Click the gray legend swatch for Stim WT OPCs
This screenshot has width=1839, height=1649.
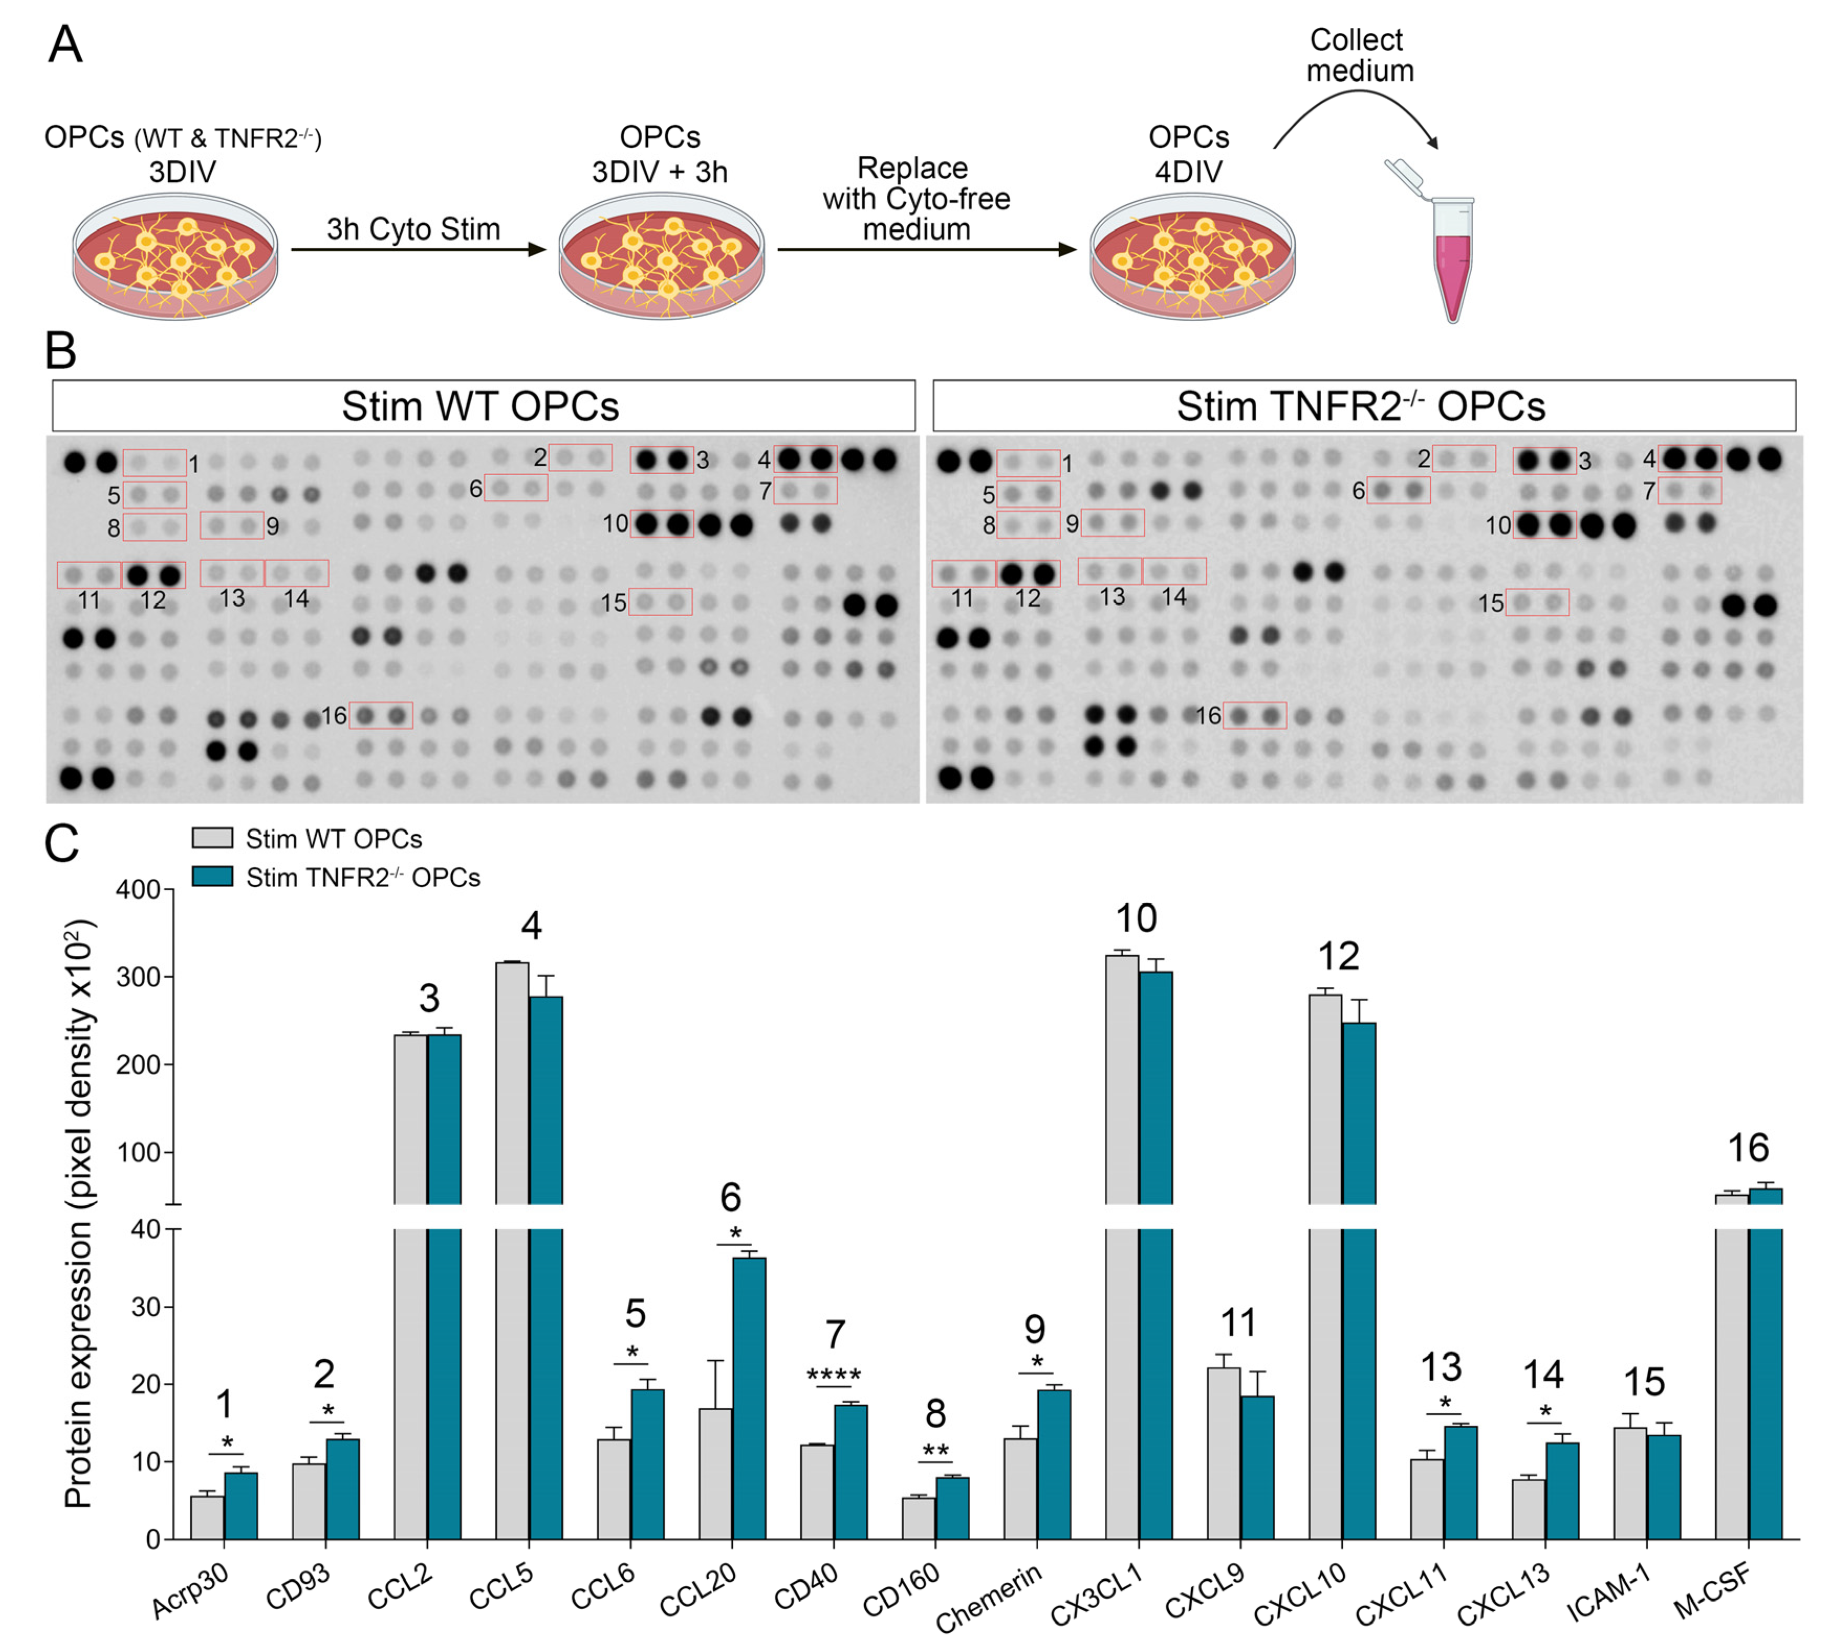coord(212,838)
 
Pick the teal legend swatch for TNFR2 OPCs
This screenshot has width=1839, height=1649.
coord(212,876)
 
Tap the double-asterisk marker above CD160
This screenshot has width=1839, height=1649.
coord(935,1450)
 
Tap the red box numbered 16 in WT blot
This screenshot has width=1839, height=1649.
coord(380,715)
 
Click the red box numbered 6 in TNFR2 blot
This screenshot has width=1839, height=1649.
coord(1398,490)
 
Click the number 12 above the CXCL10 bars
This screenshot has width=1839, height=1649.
coord(1338,956)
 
